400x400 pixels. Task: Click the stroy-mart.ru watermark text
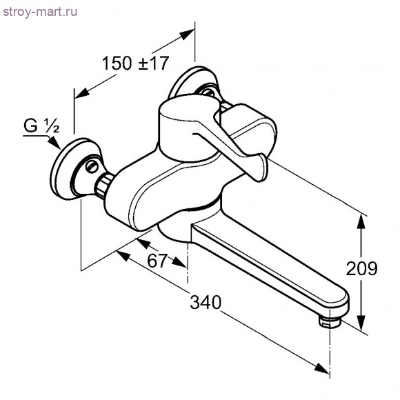click(x=40, y=12)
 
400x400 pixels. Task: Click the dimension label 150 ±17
click(x=135, y=63)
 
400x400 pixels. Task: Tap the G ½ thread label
click(x=41, y=126)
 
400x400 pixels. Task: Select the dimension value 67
click(x=157, y=261)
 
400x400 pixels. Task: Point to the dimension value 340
click(x=206, y=302)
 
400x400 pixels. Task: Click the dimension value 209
click(x=361, y=268)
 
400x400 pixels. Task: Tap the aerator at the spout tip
click(x=330, y=321)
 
